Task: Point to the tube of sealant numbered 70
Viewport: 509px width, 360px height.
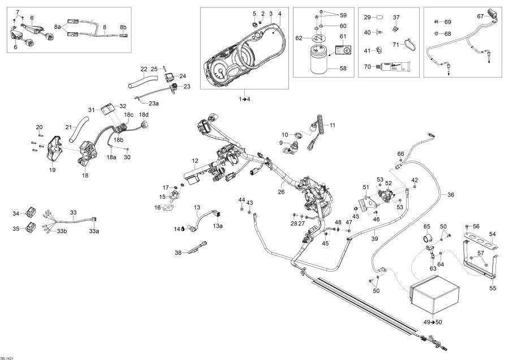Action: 392,67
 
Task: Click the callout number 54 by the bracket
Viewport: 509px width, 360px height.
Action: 492,234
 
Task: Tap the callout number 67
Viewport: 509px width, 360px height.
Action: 480,16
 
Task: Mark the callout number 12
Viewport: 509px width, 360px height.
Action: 195,161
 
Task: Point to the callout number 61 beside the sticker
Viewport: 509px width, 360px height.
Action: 342,36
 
